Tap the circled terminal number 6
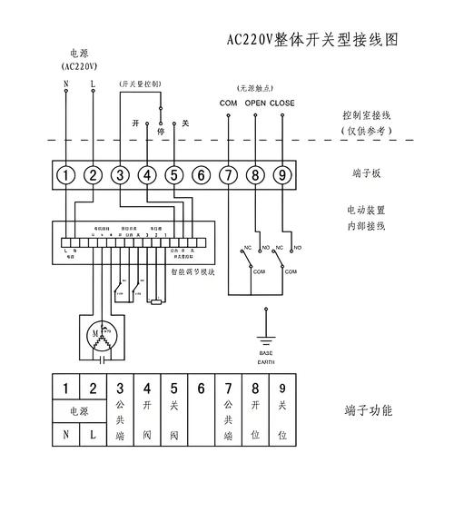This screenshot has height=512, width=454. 202,174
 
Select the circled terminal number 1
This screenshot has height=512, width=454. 66,174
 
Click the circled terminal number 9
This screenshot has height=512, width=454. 282,174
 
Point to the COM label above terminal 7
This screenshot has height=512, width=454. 229,103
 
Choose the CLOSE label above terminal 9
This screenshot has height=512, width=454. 282,103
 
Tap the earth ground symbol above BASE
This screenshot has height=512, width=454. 265,338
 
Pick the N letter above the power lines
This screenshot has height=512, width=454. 66,84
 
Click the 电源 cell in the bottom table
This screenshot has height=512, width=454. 80,411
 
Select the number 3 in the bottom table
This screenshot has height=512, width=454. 120,389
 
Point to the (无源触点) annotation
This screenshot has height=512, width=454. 256,88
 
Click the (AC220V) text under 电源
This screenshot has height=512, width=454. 80,66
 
